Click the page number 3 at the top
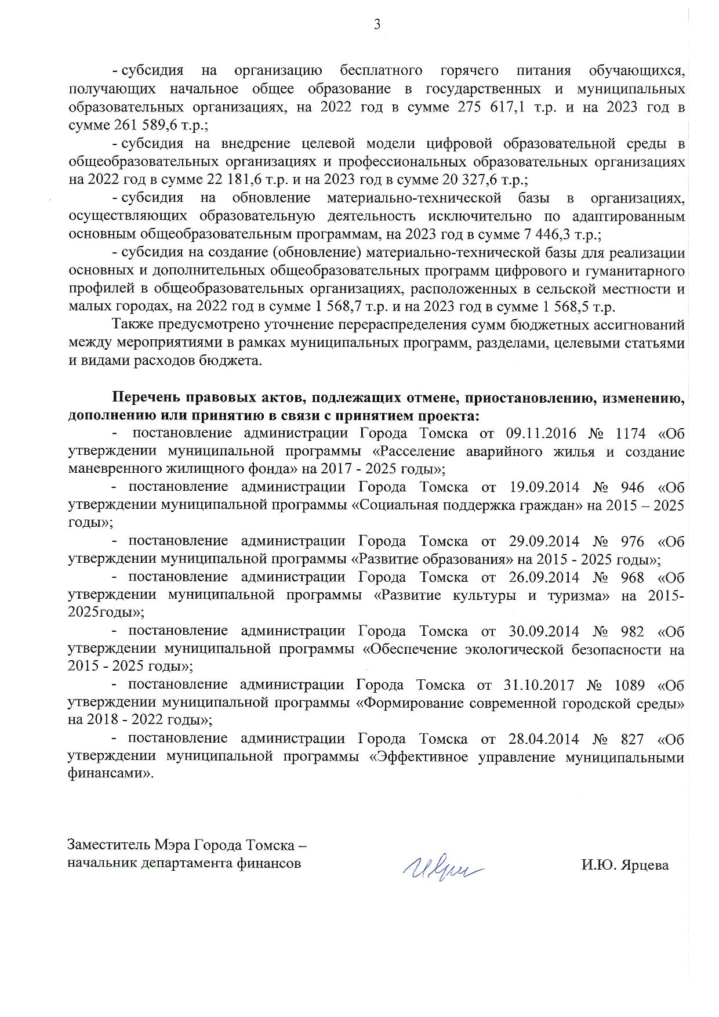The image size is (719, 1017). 377,24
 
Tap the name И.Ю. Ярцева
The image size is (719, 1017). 625,865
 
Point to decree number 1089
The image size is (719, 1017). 629,685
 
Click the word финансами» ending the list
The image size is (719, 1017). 111,774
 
